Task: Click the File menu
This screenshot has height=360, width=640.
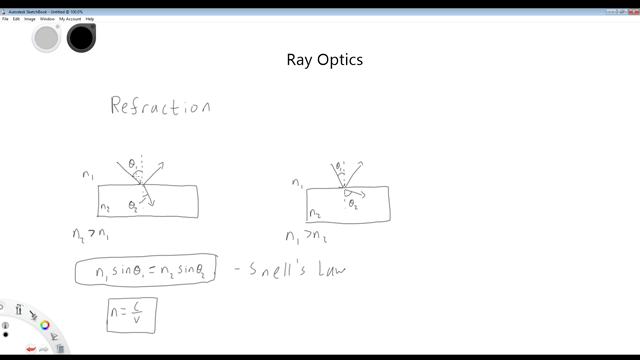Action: (5, 19)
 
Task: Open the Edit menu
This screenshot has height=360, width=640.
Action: (16, 19)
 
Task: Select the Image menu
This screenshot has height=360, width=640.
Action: (30, 19)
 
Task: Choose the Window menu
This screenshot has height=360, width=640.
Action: (47, 19)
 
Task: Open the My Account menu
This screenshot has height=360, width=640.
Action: (70, 19)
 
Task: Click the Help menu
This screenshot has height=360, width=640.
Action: (90, 19)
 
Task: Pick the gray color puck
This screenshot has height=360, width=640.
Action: (46, 38)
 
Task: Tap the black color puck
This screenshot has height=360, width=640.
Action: (80, 38)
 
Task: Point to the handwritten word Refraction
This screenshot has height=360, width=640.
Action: (160, 107)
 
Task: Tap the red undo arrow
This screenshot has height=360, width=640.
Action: (30, 347)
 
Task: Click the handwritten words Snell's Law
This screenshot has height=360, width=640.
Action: (297, 268)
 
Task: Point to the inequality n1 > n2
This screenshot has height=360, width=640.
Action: (305, 237)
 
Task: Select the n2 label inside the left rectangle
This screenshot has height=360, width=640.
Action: (104, 208)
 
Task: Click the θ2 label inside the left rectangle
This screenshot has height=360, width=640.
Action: (133, 206)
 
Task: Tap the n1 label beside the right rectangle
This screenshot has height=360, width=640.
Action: (297, 183)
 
